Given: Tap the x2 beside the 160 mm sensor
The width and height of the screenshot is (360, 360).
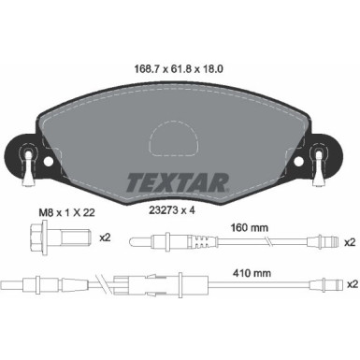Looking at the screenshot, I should (349, 242).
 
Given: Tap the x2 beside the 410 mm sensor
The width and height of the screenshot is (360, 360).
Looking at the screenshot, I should (349, 282).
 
